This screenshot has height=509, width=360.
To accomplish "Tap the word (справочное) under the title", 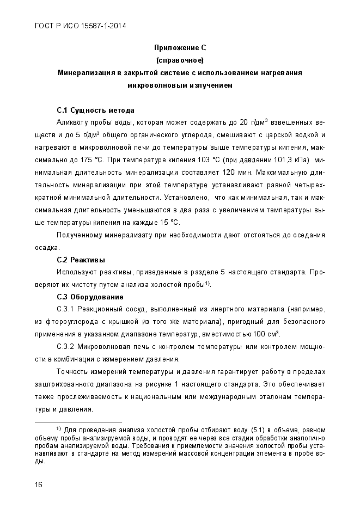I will pyautogui.click(x=180, y=60).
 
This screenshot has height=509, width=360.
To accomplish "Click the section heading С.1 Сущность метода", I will pyautogui.click(x=95, y=111).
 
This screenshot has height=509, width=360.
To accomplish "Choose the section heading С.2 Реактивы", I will pyautogui.click(x=81, y=260).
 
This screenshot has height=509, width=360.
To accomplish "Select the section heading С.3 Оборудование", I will pyautogui.click(x=90, y=297).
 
